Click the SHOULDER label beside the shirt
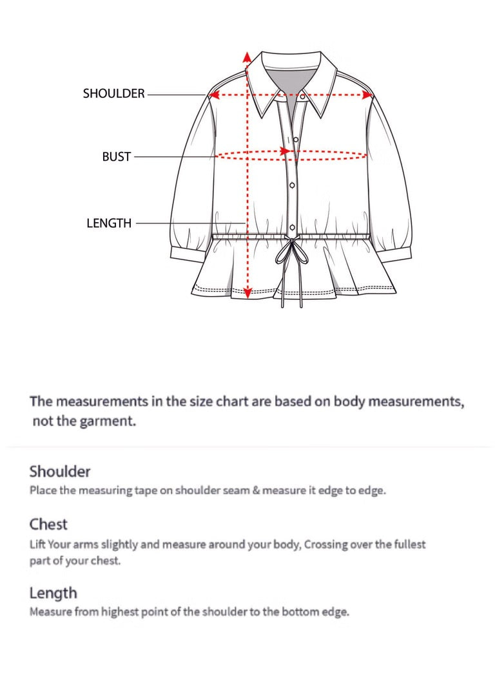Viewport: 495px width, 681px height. pos(113,94)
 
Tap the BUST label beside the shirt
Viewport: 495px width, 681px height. pos(116,156)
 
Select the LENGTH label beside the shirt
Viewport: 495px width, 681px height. pos(109,223)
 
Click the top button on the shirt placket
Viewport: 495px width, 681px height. pos(296,140)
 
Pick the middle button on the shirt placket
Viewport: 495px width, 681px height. pos(292,185)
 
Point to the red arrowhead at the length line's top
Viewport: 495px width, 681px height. pos(247,57)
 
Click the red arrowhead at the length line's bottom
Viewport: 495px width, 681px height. pos(247,293)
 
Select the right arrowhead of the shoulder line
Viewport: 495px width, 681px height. pos(369,95)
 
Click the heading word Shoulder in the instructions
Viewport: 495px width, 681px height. pos(60,471)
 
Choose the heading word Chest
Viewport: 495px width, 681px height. pos(48,524)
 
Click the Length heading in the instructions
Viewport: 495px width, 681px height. pos(53,593)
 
